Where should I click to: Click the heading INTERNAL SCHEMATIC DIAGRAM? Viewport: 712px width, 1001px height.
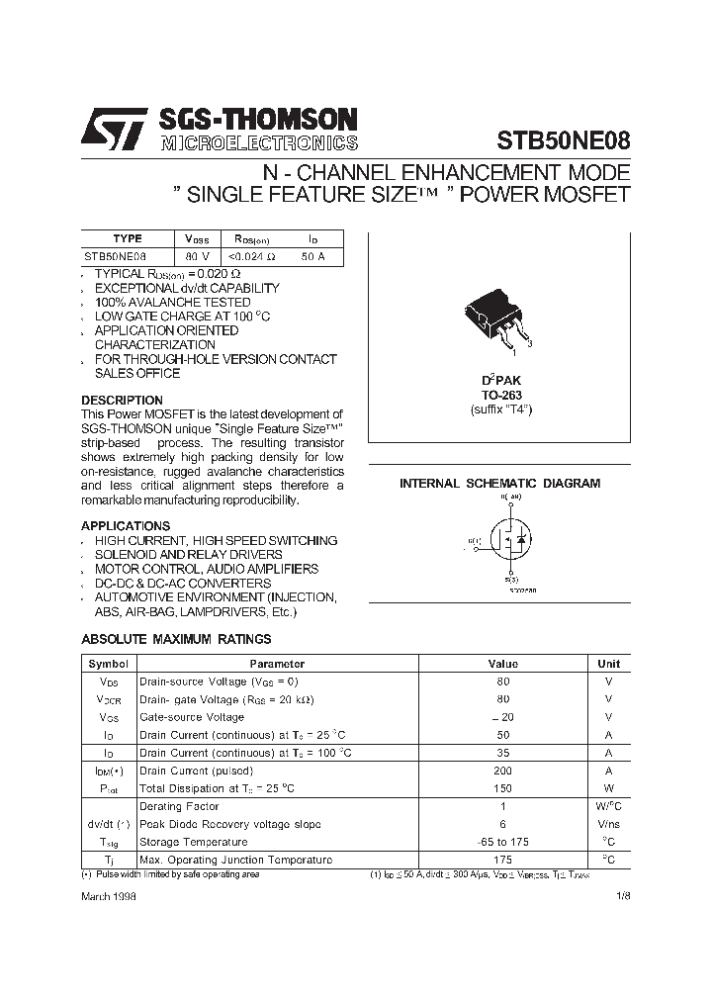tap(499, 484)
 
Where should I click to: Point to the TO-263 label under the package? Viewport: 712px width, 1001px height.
tap(500, 395)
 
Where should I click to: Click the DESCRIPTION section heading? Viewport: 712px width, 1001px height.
tap(122, 401)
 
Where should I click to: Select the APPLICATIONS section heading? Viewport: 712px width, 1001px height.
tap(126, 526)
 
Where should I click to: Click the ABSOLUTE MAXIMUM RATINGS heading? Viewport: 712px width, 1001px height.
tap(176, 640)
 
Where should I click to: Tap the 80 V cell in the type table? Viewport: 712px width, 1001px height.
tap(198, 256)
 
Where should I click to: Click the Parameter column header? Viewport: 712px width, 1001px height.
tap(277, 664)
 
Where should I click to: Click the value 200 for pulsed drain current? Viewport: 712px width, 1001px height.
tap(502, 771)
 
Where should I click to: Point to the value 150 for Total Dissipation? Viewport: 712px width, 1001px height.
tap(502, 788)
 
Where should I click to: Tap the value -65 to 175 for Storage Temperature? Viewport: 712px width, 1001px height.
tap(502, 842)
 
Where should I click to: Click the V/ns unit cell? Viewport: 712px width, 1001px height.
tap(608, 824)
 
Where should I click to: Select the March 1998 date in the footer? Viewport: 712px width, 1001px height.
tap(109, 895)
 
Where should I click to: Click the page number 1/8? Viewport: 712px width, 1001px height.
tap(622, 895)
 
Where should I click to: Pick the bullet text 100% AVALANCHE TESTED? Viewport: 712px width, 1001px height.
tap(158, 302)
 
